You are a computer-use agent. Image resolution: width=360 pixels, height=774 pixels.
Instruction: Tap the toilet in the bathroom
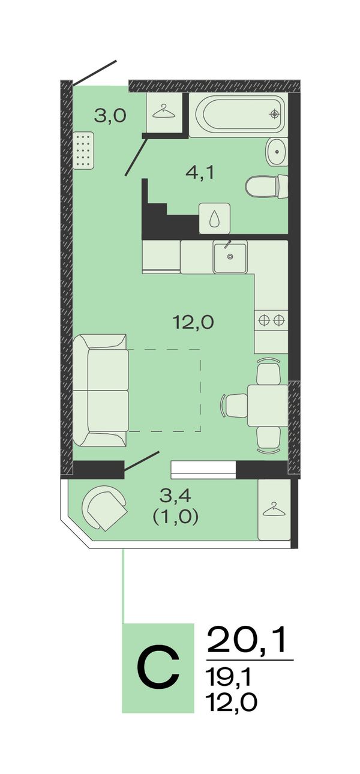pyautogui.click(x=266, y=187)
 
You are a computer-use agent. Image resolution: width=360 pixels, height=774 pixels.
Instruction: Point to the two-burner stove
pyautogui.click(x=271, y=320)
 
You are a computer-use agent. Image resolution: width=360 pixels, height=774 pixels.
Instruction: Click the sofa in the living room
pyautogui.click(x=101, y=390)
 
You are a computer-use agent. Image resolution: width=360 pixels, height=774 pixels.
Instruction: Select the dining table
pyautogui.click(x=268, y=406)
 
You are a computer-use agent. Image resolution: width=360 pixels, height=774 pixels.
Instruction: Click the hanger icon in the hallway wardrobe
pyautogui.click(x=163, y=112)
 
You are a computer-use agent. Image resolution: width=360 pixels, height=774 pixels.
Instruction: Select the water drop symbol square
pyautogui.click(x=215, y=218)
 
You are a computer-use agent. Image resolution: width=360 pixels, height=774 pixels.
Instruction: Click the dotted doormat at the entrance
pyautogui.click(x=83, y=151)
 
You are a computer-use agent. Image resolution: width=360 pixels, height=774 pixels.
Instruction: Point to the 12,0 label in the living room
pyautogui.click(x=193, y=322)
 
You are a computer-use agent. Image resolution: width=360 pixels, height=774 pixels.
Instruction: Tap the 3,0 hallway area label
pyautogui.click(x=110, y=116)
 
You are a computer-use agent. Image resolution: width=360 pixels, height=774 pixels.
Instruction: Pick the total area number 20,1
pyautogui.click(x=247, y=640)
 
